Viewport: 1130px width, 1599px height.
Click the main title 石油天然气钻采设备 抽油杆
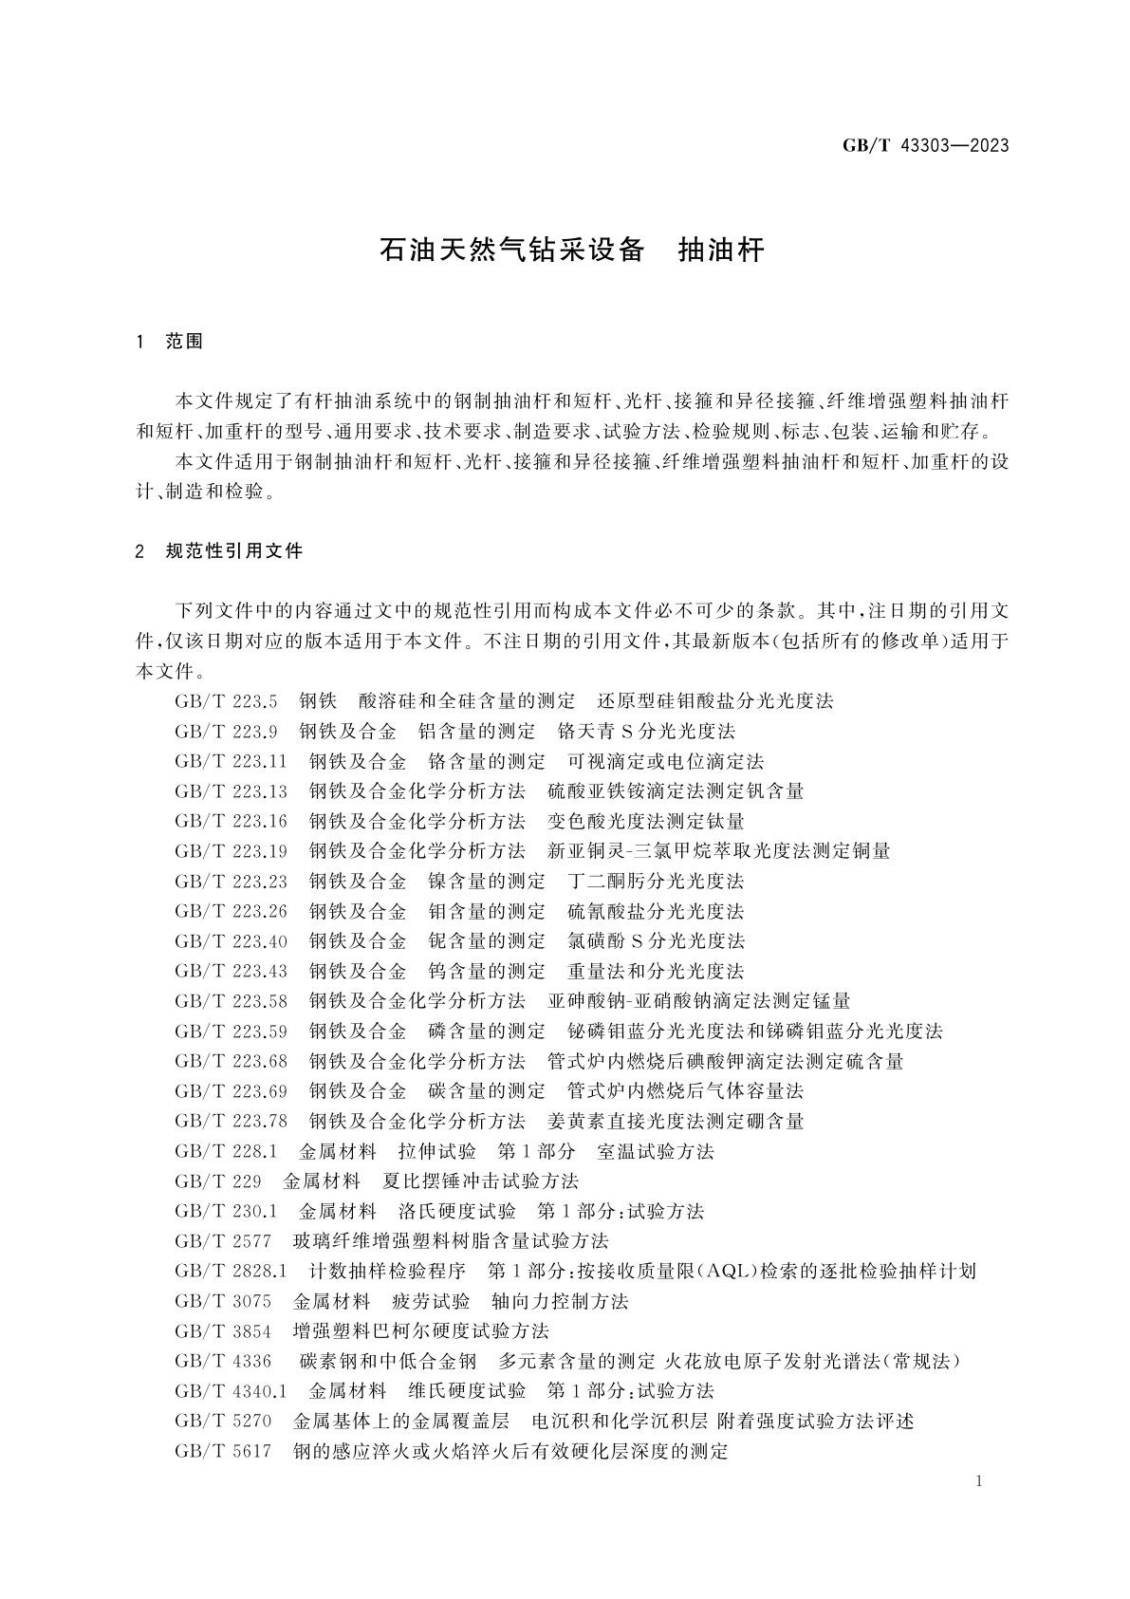coord(571,251)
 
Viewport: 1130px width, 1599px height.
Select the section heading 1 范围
coord(170,342)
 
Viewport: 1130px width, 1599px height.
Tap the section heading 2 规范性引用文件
coord(220,551)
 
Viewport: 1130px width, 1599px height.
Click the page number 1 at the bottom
coord(978,1482)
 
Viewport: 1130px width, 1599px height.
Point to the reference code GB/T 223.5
coord(226,701)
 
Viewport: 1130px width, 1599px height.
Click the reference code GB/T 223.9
coord(226,732)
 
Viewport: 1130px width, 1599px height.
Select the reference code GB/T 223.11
coord(231,761)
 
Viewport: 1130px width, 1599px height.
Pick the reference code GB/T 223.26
coord(231,911)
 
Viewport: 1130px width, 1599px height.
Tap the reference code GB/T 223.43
coord(231,971)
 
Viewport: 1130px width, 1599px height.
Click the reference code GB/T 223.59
coord(231,1031)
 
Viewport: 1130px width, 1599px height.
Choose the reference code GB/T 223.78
coord(231,1121)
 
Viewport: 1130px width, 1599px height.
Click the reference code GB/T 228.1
coord(226,1151)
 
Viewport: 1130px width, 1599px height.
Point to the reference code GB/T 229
coord(218,1181)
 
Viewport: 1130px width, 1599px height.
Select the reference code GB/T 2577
coord(223,1241)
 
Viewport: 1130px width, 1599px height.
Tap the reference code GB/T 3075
coord(223,1301)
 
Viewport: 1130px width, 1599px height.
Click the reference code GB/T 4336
coord(223,1361)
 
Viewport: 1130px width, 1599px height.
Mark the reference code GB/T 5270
coord(223,1421)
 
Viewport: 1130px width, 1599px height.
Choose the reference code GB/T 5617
coord(223,1451)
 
